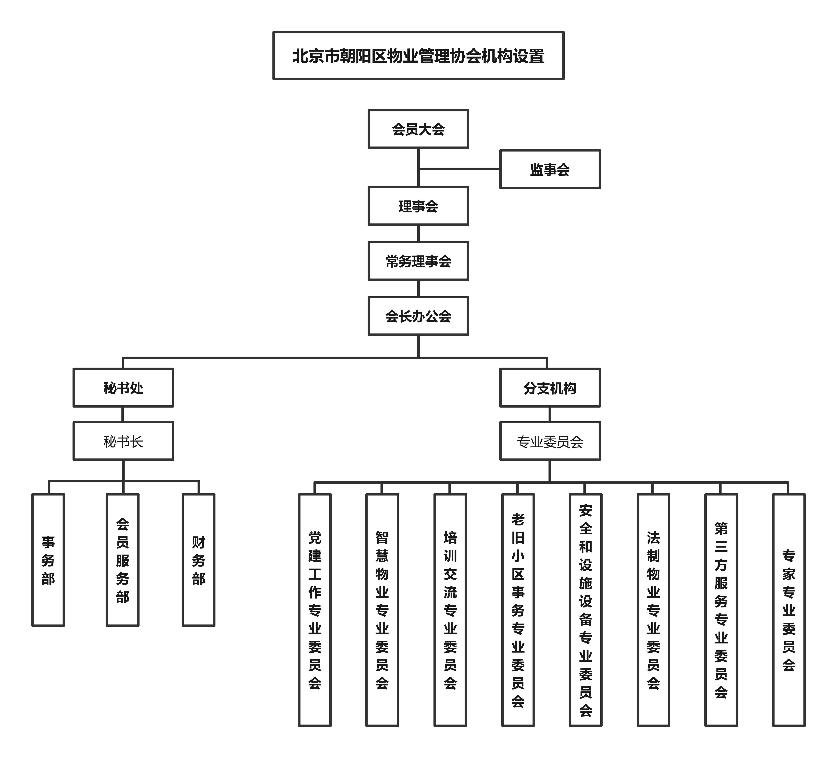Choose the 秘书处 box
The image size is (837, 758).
pos(123,388)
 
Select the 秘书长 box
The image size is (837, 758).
pos(123,441)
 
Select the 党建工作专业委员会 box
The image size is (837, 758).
pos(315,610)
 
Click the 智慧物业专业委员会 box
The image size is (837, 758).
pos(382,610)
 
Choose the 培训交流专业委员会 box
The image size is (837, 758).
pos(450,610)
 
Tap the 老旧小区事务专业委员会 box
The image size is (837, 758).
pos(518,610)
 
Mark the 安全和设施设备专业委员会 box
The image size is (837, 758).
pos(585,610)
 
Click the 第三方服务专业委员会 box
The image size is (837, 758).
pos(721,610)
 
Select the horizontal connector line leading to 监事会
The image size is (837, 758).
pos(459,169)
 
